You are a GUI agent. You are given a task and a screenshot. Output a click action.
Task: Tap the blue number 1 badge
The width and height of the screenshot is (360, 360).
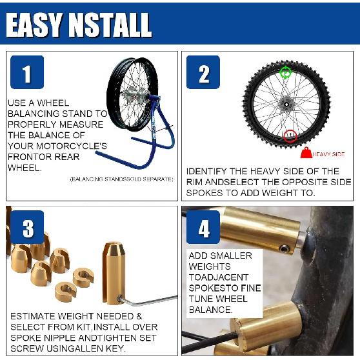[26, 72]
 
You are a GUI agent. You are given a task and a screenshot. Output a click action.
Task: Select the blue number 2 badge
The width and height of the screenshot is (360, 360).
[203, 72]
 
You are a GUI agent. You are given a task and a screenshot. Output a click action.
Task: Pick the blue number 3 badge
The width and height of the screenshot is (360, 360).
[26, 227]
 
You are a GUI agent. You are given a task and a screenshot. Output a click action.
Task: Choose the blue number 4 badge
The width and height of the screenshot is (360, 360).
[203, 227]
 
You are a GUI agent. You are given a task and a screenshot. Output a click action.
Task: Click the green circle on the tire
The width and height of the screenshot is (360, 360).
[286, 73]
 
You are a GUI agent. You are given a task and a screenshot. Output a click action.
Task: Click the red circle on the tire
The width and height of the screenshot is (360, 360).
[290, 135]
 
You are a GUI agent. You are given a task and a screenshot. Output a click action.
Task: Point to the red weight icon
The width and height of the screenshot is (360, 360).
[305, 154]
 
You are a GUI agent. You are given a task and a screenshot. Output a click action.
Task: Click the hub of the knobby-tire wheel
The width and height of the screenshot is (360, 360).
[284, 102]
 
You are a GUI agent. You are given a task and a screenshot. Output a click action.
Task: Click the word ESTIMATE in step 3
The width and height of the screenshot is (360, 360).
[34, 317]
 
